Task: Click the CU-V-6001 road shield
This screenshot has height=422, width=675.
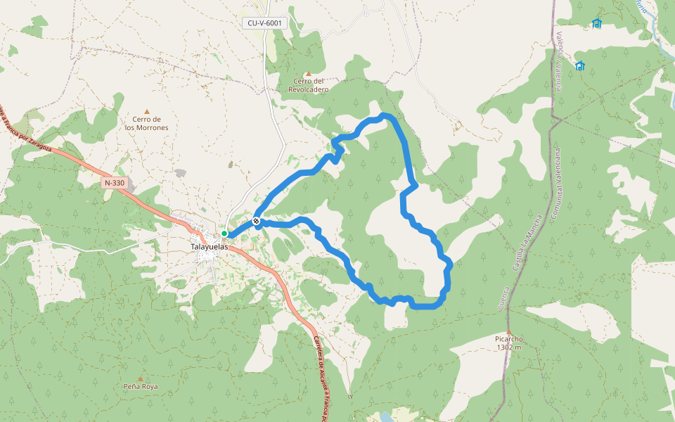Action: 265,23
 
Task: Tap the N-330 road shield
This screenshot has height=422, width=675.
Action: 114,183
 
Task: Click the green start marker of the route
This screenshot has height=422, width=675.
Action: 224,234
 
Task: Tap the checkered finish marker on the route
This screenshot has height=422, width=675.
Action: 257,222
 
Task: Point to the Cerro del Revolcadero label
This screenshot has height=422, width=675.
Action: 309,85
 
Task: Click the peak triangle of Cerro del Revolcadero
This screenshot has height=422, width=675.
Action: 308,74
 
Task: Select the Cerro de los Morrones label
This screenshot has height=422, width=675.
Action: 147,123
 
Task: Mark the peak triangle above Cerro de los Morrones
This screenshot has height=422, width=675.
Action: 147,111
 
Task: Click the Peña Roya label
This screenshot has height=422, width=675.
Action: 141,387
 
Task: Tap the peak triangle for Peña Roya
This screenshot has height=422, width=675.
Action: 140,378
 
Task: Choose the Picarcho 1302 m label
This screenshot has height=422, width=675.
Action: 508,343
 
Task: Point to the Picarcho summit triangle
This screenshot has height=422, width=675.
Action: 508,331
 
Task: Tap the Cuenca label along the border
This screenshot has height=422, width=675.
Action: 503,299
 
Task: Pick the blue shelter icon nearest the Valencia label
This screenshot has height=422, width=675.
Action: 580,66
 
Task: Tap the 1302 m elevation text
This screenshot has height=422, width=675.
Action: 508,347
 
